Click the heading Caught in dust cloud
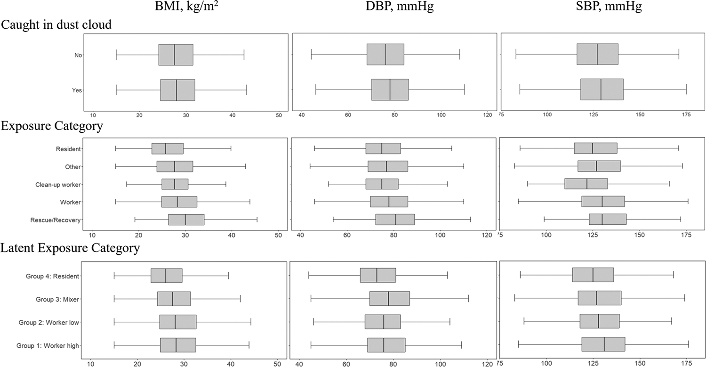point(56,24)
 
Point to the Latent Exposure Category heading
point(70,248)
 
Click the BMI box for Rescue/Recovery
point(186,220)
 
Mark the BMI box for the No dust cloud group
point(176,55)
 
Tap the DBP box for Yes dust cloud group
point(390,90)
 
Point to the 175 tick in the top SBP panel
point(686,115)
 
